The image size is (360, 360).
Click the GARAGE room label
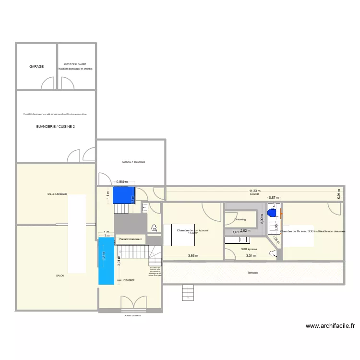click(x=36, y=67)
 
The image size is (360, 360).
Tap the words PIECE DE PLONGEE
click(x=75, y=64)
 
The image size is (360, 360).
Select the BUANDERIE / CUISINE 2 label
click(x=56, y=127)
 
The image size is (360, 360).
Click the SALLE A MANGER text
click(x=57, y=194)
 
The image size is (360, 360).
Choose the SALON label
click(x=60, y=276)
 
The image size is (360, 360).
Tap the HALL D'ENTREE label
click(x=126, y=280)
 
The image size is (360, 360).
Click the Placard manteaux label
click(x=130, y=239)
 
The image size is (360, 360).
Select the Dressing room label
click(x=240, y=219)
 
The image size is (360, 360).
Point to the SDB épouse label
click(x=249, y=250)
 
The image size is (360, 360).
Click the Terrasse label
click(x=253, y=273)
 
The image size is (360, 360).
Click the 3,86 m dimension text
click(x=193, y=256)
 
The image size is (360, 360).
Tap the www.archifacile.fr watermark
click(x=330, y=325)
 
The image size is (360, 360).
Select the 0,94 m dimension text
click(x=339, y=195)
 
